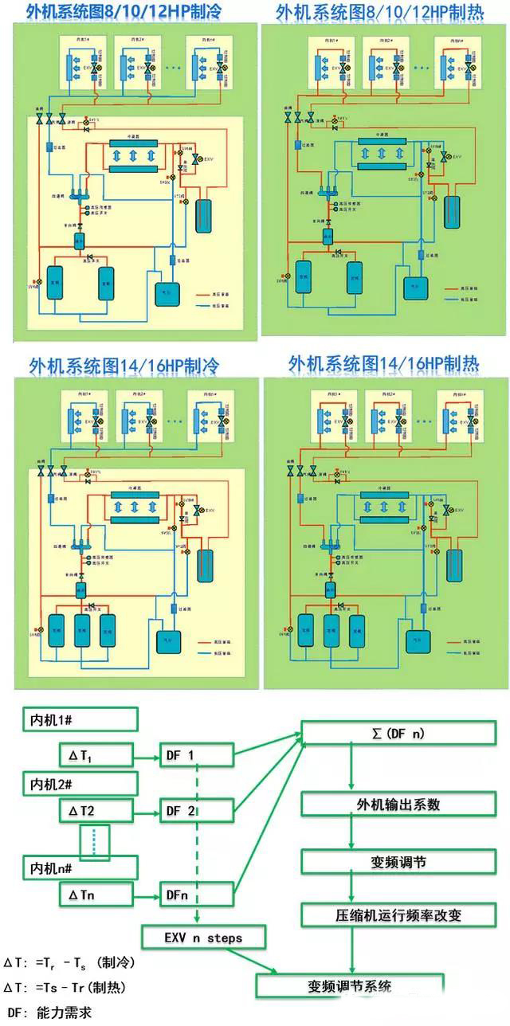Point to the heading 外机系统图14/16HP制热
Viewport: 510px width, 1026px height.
[x=384, y=365]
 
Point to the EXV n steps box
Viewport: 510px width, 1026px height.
[x=204, y=938]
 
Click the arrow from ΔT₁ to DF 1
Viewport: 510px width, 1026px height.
[x=148, y=754]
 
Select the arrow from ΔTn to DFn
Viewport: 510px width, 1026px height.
[x=148, y=895]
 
